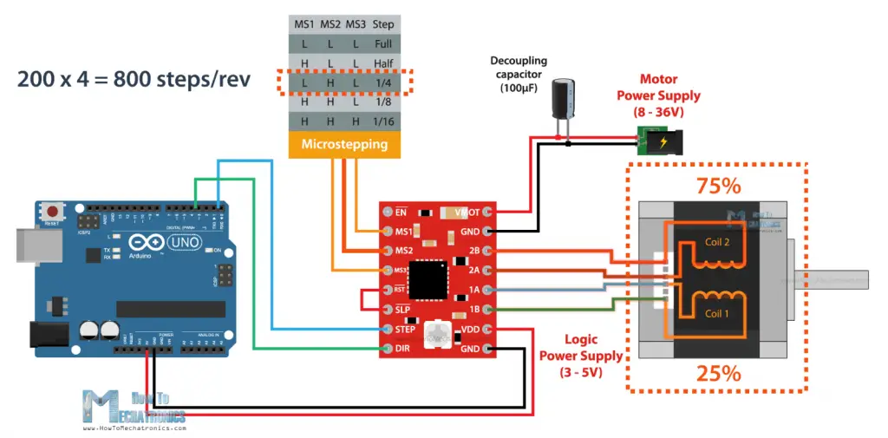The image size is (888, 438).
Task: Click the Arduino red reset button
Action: (55, 212)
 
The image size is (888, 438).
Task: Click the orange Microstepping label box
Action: (344, 144)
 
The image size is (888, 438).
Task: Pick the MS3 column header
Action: (356, 23)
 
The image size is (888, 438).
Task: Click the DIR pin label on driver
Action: (402, 350)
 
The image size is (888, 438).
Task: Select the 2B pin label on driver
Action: (473, 251)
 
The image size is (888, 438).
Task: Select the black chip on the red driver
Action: (431, 280)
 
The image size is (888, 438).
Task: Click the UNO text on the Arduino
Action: (179, 242)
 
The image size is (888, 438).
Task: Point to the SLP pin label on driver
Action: (402, 310)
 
